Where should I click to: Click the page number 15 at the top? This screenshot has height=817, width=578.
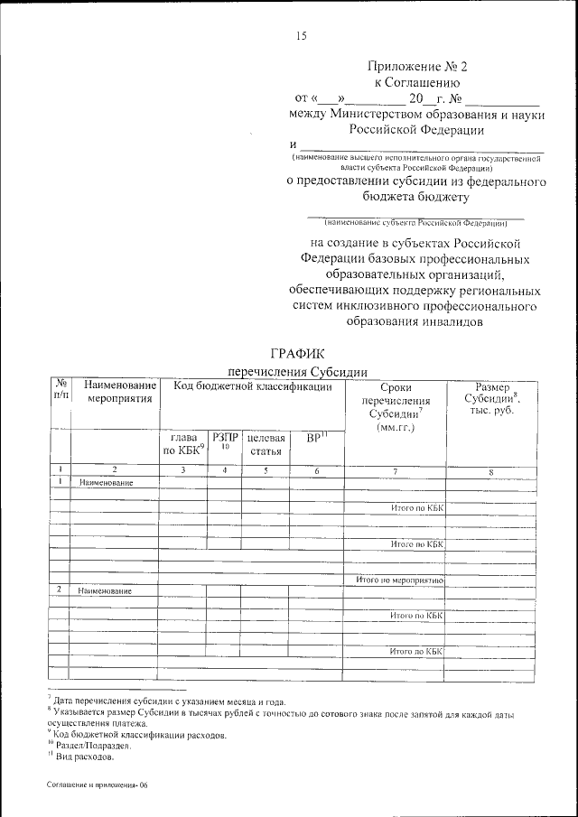tap(301, 36)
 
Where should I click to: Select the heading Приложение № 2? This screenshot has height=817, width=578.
tap(418, 67)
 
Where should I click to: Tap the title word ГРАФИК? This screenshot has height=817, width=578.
tap(297, 353)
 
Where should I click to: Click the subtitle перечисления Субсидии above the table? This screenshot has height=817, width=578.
tap(297, 370)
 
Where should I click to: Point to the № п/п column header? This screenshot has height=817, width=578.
tap(59, 391)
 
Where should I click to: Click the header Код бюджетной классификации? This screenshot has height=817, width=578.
tap(253, 386)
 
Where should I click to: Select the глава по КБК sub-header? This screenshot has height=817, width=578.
tap(183, 444)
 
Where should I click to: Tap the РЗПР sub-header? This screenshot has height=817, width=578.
tap(225, 441)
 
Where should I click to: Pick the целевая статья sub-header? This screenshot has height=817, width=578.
tap(266, 444)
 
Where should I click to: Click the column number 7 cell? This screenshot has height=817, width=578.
tap(396, 470)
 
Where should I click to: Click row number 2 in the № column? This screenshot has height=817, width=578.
tap(59, 590)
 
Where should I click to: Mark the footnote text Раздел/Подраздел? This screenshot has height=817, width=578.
tap(93, 746)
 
